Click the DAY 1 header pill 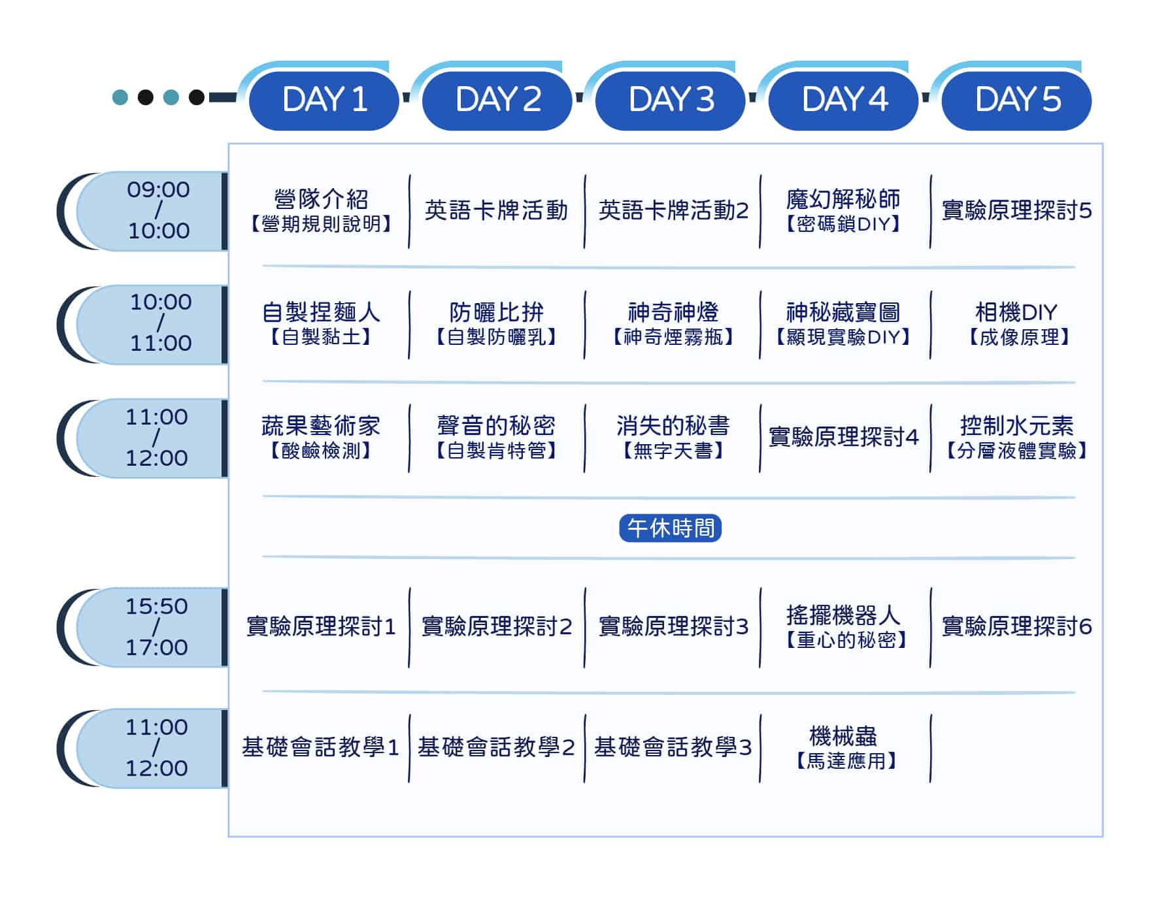324,100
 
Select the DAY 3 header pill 671,100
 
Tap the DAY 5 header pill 1017,100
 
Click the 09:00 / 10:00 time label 158,210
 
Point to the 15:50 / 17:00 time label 157,626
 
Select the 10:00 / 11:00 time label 161,323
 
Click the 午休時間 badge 671,528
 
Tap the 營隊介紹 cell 321,210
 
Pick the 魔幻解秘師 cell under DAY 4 843,210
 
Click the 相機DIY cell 1016,323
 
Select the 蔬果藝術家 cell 321,437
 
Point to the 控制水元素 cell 1016,437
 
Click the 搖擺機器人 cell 844,626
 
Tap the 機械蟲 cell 844,747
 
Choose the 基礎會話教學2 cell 497,747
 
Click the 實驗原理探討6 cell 1016,626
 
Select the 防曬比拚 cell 497,323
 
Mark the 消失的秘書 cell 673,437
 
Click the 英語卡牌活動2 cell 673,210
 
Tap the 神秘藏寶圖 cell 843,323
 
